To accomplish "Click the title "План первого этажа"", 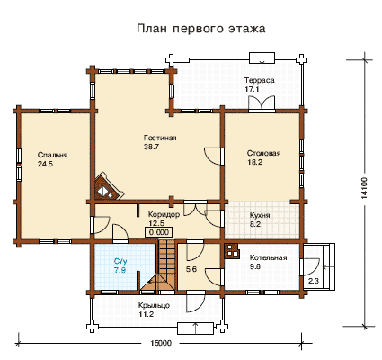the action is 201,29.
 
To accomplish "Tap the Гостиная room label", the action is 160,138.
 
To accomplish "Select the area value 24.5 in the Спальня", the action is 45,164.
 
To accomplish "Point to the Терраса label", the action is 260,80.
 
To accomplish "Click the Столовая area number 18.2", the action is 254,162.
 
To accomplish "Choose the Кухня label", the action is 260,216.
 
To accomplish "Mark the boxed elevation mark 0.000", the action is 159,232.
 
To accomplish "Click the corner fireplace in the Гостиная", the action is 109,187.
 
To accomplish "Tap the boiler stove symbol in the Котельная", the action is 232,251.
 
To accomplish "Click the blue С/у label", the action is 120,261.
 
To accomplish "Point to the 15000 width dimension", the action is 161,343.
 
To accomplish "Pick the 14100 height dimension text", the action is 364,188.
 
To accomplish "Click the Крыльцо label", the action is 154,306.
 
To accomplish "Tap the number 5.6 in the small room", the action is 191,269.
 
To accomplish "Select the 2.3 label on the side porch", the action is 314,282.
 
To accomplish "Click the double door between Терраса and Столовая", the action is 262,103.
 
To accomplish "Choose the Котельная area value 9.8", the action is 255,266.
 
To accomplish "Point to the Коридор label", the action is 164,215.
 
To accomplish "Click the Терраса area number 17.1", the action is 252,89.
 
